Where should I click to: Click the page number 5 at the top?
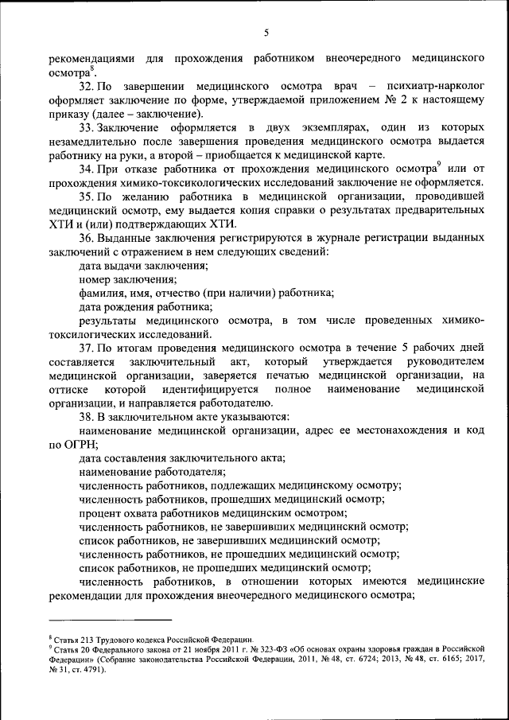266,33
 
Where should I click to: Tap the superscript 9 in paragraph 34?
438,165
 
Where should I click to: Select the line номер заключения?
127,280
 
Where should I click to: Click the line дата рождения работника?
146,307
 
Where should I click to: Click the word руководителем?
441,362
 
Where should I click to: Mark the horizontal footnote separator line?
110,619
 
